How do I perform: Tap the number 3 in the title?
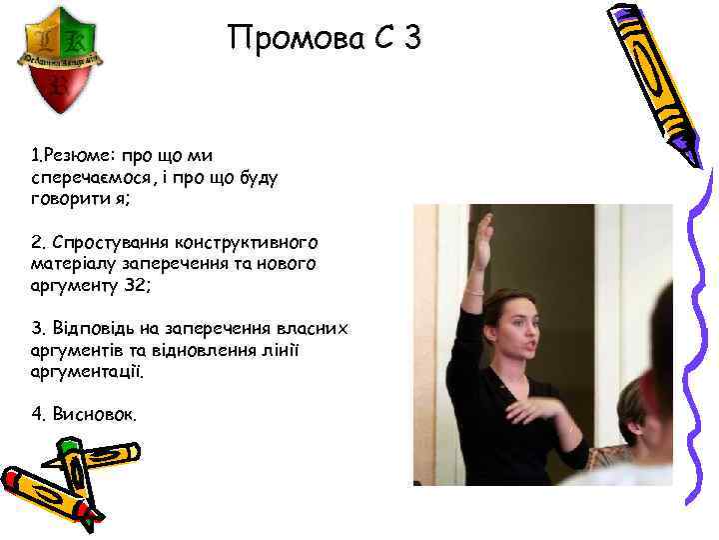pos(411,40)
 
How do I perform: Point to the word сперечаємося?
pos(91,177)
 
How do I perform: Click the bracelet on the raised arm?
pos(474,291)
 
